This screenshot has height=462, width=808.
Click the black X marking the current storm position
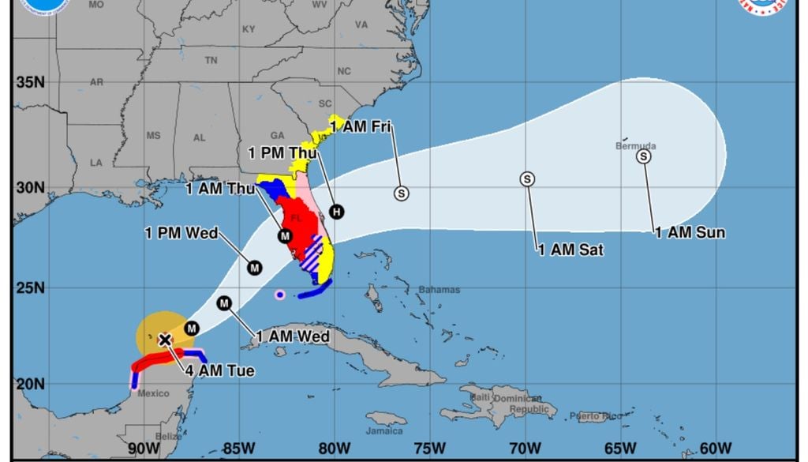(x=164, y=340)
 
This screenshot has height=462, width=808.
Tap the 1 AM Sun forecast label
(x=690, y=233)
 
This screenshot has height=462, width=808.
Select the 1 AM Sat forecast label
(x=570, y=250)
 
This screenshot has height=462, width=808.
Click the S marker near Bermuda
(x=644, y=156)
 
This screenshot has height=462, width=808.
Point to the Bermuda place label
(x=635, y=146)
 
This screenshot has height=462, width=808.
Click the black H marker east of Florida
(x=337, y=211)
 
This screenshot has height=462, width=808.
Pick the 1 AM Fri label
(x=361, y=126)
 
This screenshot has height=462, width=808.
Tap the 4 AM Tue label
(x=220, y=370)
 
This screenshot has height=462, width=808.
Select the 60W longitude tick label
(x=715, y=449)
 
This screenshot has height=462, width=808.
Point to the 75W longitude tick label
(x=429, y=449)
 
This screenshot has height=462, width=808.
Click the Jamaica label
(x=385, y=430)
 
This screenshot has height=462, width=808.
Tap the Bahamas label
(x=439, y=290)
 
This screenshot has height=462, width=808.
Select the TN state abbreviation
(x=211, y=60)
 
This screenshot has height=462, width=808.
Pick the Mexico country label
(x=153, y=393)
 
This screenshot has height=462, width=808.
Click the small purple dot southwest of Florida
(x=279, y=295)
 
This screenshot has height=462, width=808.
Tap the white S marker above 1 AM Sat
(x=527, y=179)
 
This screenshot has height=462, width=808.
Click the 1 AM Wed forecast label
(x=291, y=336)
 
